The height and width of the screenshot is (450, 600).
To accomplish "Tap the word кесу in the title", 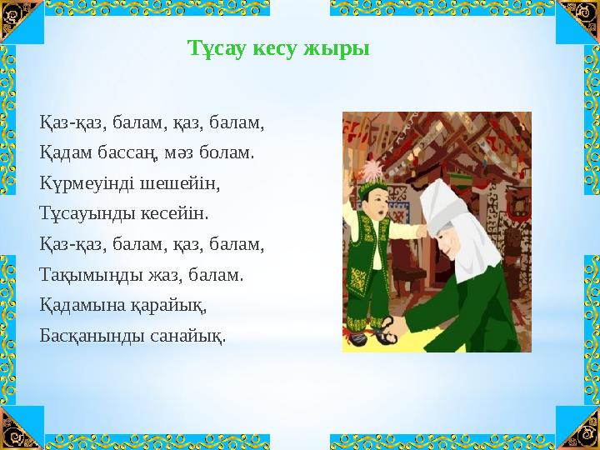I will coord(280,48).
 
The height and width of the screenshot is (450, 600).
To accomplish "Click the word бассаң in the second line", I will coord(127,153).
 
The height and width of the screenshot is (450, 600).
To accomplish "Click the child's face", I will coord(372,205).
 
